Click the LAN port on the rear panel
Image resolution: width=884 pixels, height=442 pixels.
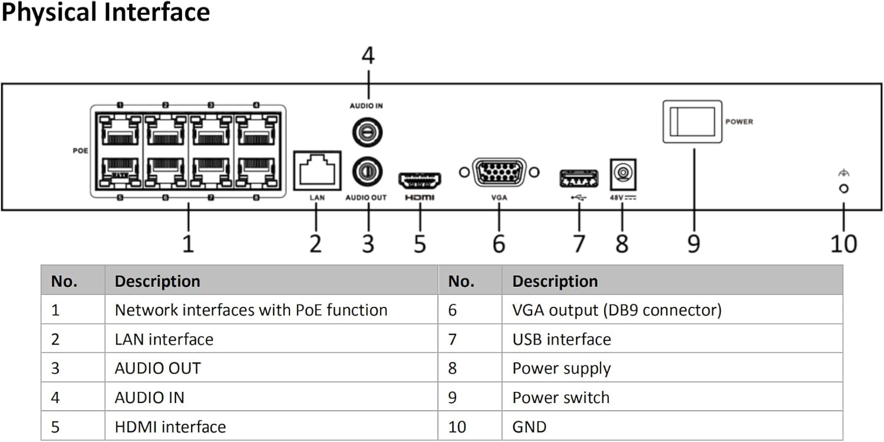(x=317, y=171)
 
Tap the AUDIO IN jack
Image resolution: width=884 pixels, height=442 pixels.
(x=367, y=132)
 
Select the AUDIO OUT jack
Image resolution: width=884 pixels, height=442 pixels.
(x=367, y=172)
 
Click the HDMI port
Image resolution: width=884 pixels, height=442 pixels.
(x=420, y=179)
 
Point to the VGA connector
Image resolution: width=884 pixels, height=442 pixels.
(x=499, y=173)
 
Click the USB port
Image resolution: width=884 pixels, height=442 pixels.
(x=578, y=178)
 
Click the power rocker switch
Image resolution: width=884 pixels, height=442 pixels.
(x=692, y=122)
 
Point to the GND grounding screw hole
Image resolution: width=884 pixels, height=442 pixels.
(x=843, y=188)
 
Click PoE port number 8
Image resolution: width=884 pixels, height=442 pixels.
(x=256, y=171)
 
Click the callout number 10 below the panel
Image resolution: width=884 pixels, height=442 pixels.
(x=843, y=243)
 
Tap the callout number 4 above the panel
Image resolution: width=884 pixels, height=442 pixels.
(x=368, y=56)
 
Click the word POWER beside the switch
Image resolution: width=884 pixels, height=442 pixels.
(x=739, y=122)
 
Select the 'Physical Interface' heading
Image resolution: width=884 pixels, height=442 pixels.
(x=106, y=12)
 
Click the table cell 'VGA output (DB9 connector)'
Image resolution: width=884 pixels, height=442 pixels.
(x=616, y=310)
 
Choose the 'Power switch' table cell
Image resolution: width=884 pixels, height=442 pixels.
(x=560, y=397)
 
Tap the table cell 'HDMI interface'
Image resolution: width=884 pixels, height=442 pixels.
(x=170, y=427)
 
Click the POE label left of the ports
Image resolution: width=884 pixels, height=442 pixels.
(x=80, y=151)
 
